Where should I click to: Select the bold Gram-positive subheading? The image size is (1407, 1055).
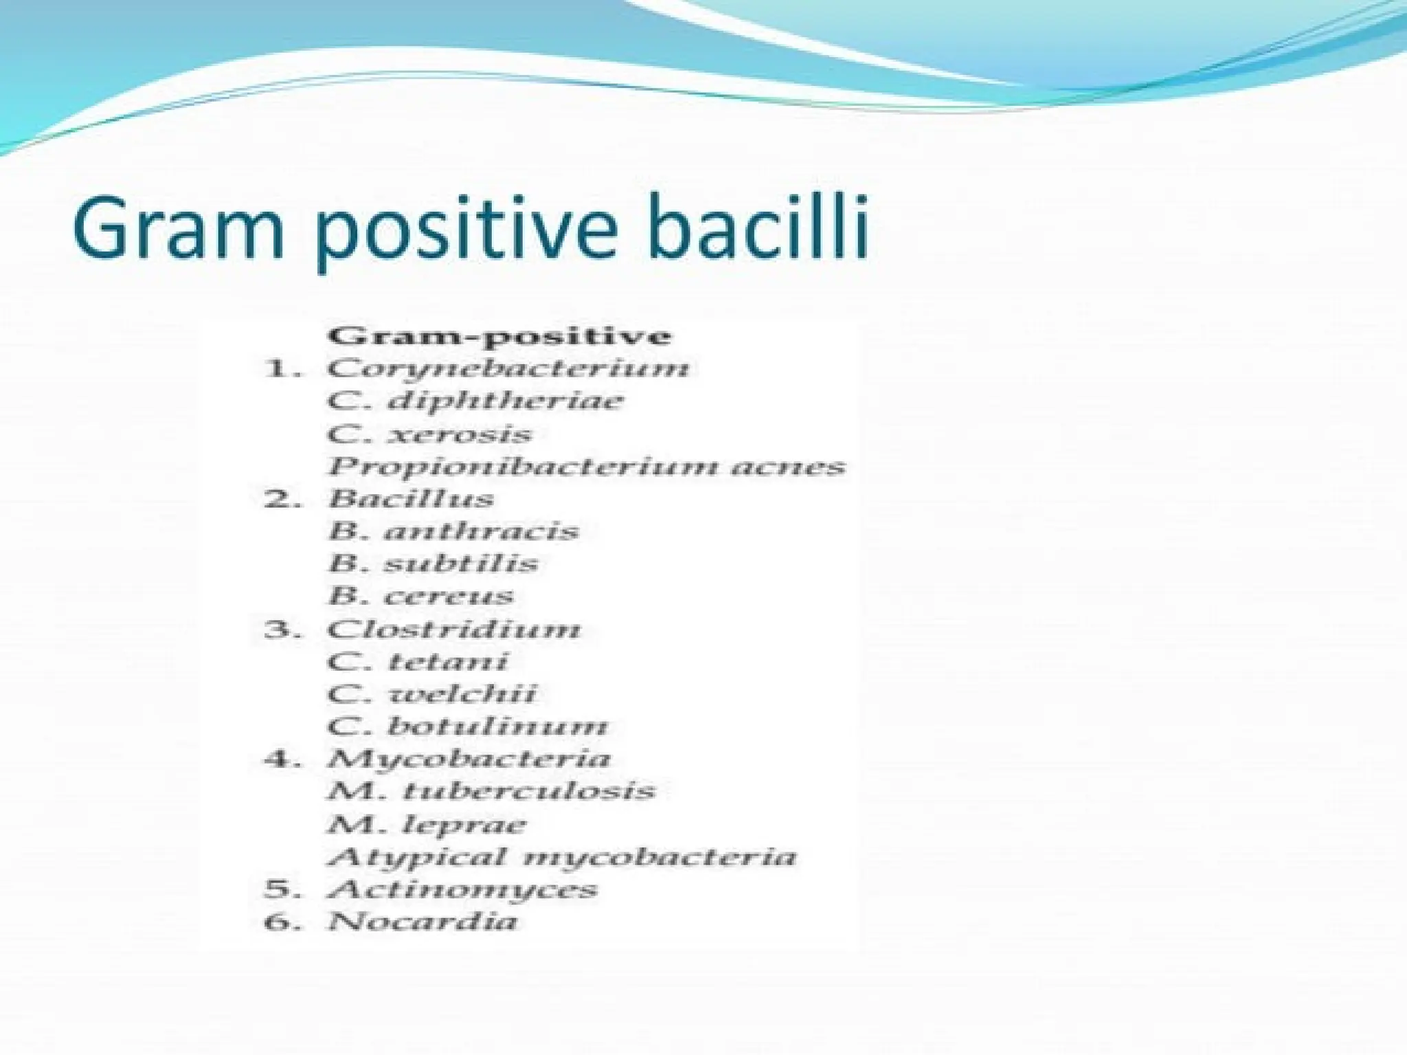[x=499, y=336]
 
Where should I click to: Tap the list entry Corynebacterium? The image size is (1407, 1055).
[x=508, y=368]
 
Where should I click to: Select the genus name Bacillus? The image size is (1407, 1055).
[x=410, y=498]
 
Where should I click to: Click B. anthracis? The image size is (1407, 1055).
[x=453, y=531]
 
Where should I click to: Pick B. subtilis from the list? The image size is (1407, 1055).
[x=433, y=564]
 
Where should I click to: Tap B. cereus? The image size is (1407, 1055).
[x=420, y=596]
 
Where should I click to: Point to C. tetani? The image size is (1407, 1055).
[x=417, y=661]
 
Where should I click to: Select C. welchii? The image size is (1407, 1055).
[x=431, y=693]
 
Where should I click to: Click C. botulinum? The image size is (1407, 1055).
[x=467, y=726]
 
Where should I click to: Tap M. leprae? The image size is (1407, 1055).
[x=427, y=824]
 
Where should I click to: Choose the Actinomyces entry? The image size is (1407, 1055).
[x=462, y=889]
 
